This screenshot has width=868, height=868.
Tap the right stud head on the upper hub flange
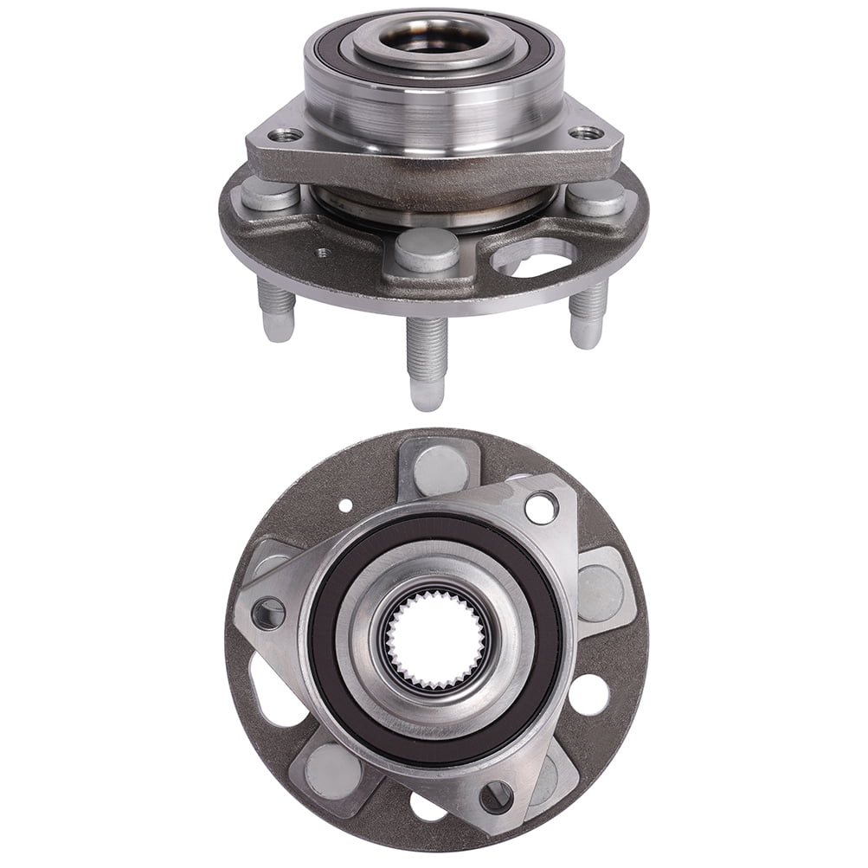(x=595, y=196)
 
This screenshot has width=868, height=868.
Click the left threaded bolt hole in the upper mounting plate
(x=286, y=135)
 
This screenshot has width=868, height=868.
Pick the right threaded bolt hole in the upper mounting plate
(x=589, y=133)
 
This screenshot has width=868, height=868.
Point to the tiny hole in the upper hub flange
(x=324, y=254)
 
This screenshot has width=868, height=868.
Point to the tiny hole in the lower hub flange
(x=346, y=504)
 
